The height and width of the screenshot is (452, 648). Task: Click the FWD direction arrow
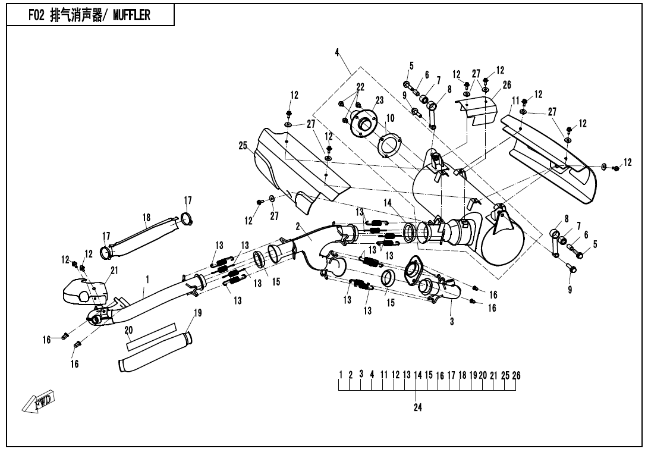click(x=39, y=403)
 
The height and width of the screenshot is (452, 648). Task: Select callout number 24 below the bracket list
click(x=417, y=409)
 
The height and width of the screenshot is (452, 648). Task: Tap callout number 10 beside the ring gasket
click(x=391, y=117)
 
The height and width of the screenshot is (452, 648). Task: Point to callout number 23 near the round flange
click(x=379, y=100)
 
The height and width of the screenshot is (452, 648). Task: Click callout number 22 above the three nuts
click(x=360, y=87)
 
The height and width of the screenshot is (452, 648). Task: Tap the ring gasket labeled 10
click(x=389, y=146)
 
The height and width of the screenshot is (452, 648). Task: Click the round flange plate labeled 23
click(x=364, y=124)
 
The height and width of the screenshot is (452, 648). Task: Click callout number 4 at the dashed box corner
click(x=336, y=53)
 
